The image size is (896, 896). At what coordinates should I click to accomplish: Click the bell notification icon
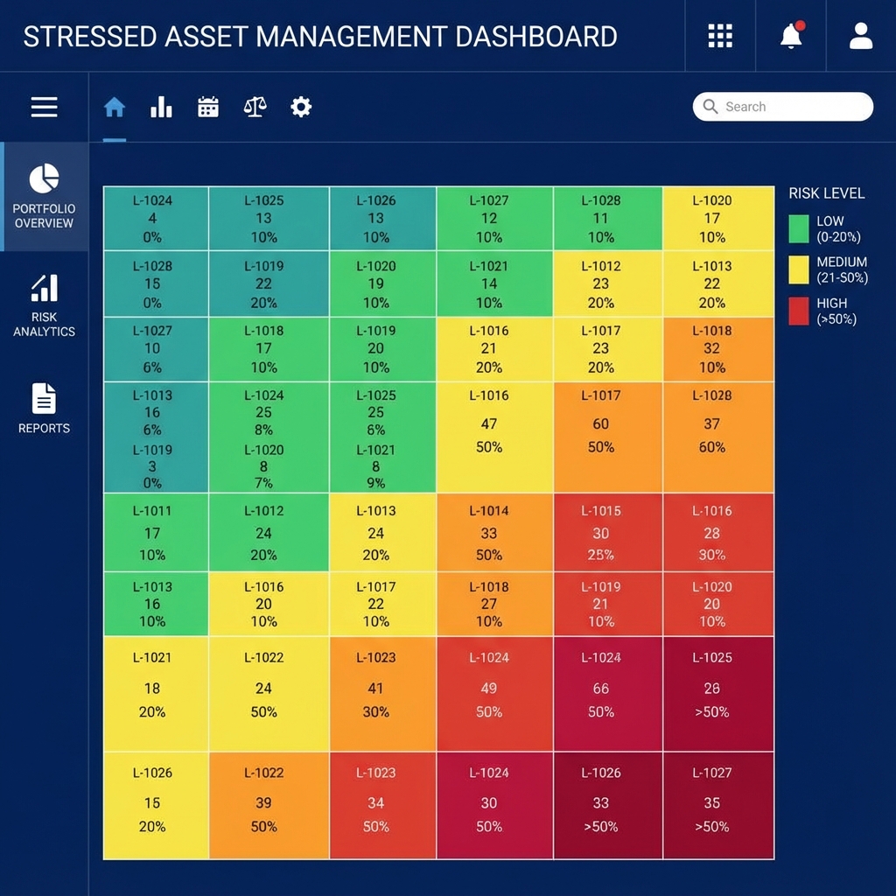coord(791,36)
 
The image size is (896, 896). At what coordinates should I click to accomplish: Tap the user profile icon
coord(861,36)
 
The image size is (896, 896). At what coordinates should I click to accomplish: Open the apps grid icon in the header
coord(719,36)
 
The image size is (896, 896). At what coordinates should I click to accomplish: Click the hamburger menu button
coord(44,107)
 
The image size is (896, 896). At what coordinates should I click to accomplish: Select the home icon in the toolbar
coord(115,108)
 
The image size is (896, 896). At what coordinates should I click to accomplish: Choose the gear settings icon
coord(301,108)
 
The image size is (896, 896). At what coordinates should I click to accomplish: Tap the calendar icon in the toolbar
coord(208,108)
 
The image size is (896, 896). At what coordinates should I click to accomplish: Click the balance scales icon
coord(255,108)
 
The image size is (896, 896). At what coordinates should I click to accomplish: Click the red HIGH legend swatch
coord(799,311)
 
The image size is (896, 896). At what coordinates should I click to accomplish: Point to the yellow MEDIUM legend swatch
coord(799,269)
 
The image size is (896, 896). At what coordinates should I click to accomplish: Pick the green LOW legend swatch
coord(799,228)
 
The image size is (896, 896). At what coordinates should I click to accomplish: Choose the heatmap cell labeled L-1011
coord(156,532)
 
